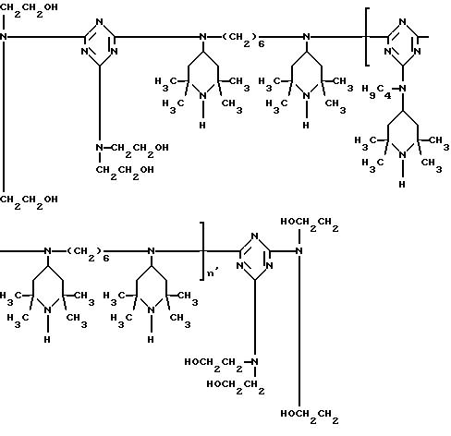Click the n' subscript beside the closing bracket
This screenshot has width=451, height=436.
tap(213, 272)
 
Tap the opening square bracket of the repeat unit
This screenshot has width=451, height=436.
tap(367, 37)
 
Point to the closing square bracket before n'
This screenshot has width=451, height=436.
tap(202, 251)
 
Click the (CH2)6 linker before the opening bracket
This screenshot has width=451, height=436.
tap(243, 40)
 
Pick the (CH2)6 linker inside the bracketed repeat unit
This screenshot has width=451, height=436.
tap(88, 254)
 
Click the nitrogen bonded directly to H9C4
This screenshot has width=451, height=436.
tap(403, 89)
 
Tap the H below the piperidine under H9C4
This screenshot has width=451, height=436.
tap(402, 184)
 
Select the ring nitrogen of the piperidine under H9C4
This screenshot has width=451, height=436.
tap(402, 155)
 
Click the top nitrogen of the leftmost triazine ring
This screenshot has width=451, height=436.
tap(99, 22)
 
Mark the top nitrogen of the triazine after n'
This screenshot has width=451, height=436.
tap(254, 236)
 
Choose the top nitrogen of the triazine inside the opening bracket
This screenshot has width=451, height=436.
tap(402, 22)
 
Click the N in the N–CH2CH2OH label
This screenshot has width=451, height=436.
tap(99, 148)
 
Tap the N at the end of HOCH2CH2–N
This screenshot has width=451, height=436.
tap(254, 362)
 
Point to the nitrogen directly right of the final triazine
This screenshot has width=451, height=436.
tap(299, 251)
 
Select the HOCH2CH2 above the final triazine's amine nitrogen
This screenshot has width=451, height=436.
tap(310, 224)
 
